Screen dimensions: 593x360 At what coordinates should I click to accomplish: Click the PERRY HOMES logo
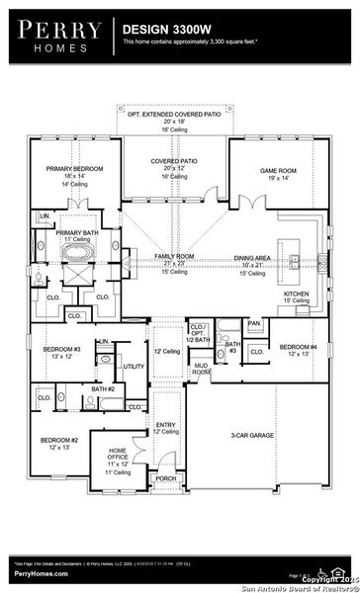tap(56, 37)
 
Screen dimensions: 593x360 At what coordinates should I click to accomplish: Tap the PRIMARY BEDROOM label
tap(73, 169)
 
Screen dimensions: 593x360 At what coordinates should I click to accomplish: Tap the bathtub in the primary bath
tap(77, 252)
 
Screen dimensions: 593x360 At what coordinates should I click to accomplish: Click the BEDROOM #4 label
tap(297, 347)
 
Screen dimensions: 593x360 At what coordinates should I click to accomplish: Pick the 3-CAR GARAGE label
tap(252, 434)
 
